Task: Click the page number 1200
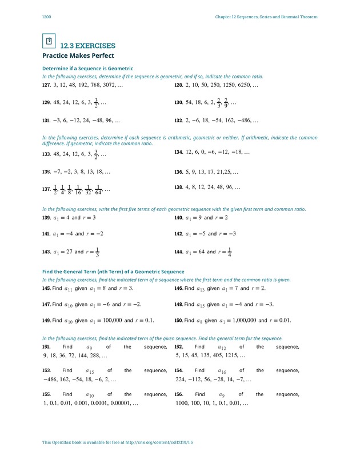tap(47, 17)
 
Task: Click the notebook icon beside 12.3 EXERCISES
tap(49, 41)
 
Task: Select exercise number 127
tap(47, 85)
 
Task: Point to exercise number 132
tap(178, 121)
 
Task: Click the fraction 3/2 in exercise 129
tap(96, 103)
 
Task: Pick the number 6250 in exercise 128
tap(243, 85)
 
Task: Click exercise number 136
tap(178, 171)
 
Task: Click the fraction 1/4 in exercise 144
tap(229, 252)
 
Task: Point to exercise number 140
tap(178, 218)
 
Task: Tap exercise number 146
tap(178, 289)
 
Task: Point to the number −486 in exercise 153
tap(51, 379)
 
